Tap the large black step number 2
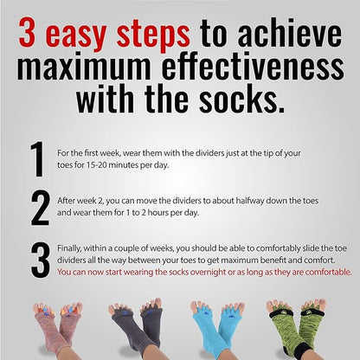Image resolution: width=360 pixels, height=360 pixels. point(38,208)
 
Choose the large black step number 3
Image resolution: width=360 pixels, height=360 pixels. point(38,260)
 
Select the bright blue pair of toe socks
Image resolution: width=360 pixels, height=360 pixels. point(220,329)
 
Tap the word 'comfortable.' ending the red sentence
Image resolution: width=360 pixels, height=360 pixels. point(325,271)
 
